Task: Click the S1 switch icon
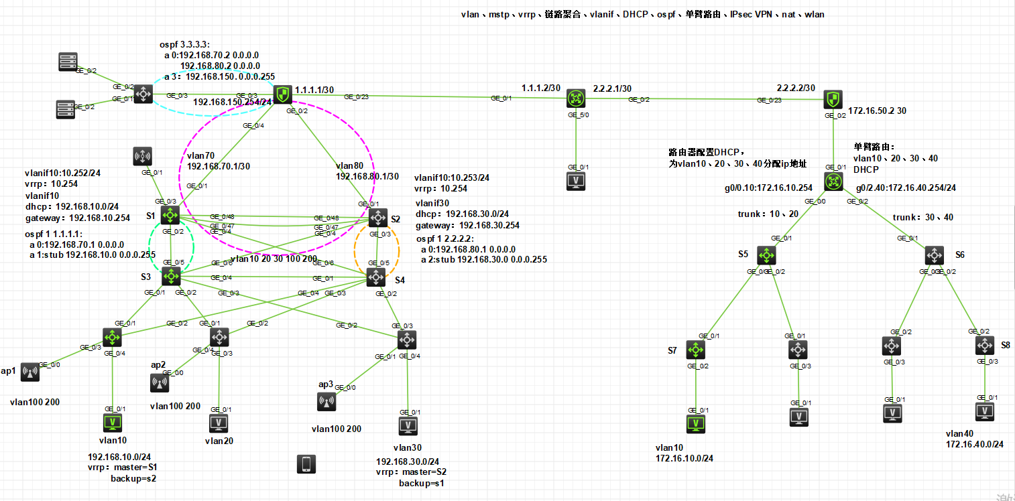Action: [x=171, y=216]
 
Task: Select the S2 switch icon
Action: [x=378, y=217]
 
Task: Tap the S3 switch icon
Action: [x=172, y=275]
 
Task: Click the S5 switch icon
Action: [x=766, y=255]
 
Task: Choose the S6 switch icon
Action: [x=935, y=255]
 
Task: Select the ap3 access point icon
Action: [x=326, y=402]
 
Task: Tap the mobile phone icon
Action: [x=306, y=464]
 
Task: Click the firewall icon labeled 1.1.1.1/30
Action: [x=283, y=94]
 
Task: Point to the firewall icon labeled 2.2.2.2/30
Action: [x=832, y=99]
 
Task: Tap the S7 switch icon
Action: [x=696, y=350]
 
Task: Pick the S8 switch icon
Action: [x=984, y=346]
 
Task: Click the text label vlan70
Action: [x=200, y=155]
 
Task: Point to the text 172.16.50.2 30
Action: [x=877, y=111]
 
